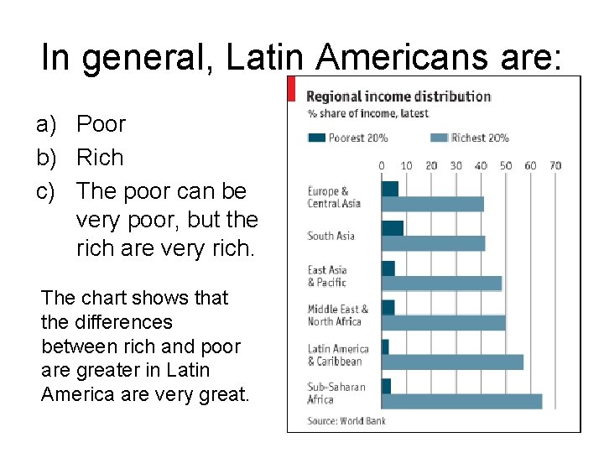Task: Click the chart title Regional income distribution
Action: tap(398, 96)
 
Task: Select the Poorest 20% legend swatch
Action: tap(317, 138)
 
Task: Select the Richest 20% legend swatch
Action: tap(439, 138)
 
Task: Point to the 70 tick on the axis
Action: tap(555, 166)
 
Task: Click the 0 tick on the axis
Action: tap(382, 166)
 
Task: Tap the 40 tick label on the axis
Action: tap(481, 166)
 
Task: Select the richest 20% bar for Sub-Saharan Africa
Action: tap(461, 401)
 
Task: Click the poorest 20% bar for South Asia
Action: tap(393, 228)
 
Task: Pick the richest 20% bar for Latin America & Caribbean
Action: tap(452, 362)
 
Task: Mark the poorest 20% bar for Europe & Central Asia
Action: tap(390, 189)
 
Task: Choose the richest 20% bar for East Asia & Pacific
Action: tap(441, 284)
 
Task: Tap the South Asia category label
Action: tap(331, 236)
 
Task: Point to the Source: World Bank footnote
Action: tap(346, 421)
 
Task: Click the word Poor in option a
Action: tap(101, 124)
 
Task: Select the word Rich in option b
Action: tap(100, 158)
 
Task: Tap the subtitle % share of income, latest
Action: tap(367, 114)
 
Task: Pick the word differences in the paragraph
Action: tap(119, 322)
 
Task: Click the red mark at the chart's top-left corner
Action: tap(291, 89)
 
